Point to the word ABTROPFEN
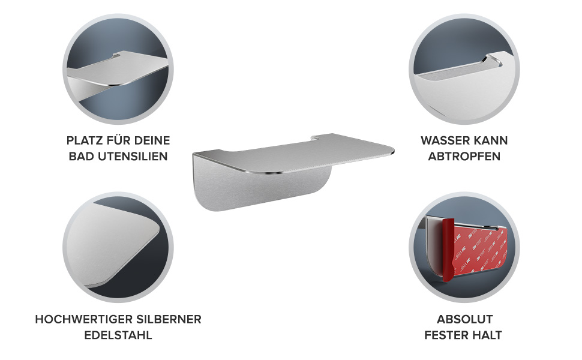(464, 156)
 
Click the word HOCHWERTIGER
(84, 319)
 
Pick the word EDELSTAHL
(118, 335)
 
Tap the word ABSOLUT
(465, 319)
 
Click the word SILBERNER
(169, 319)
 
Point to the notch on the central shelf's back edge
(315, 139)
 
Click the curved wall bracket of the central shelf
(260, 189)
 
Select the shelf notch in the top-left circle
(116, 56)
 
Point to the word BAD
(82, 156)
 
